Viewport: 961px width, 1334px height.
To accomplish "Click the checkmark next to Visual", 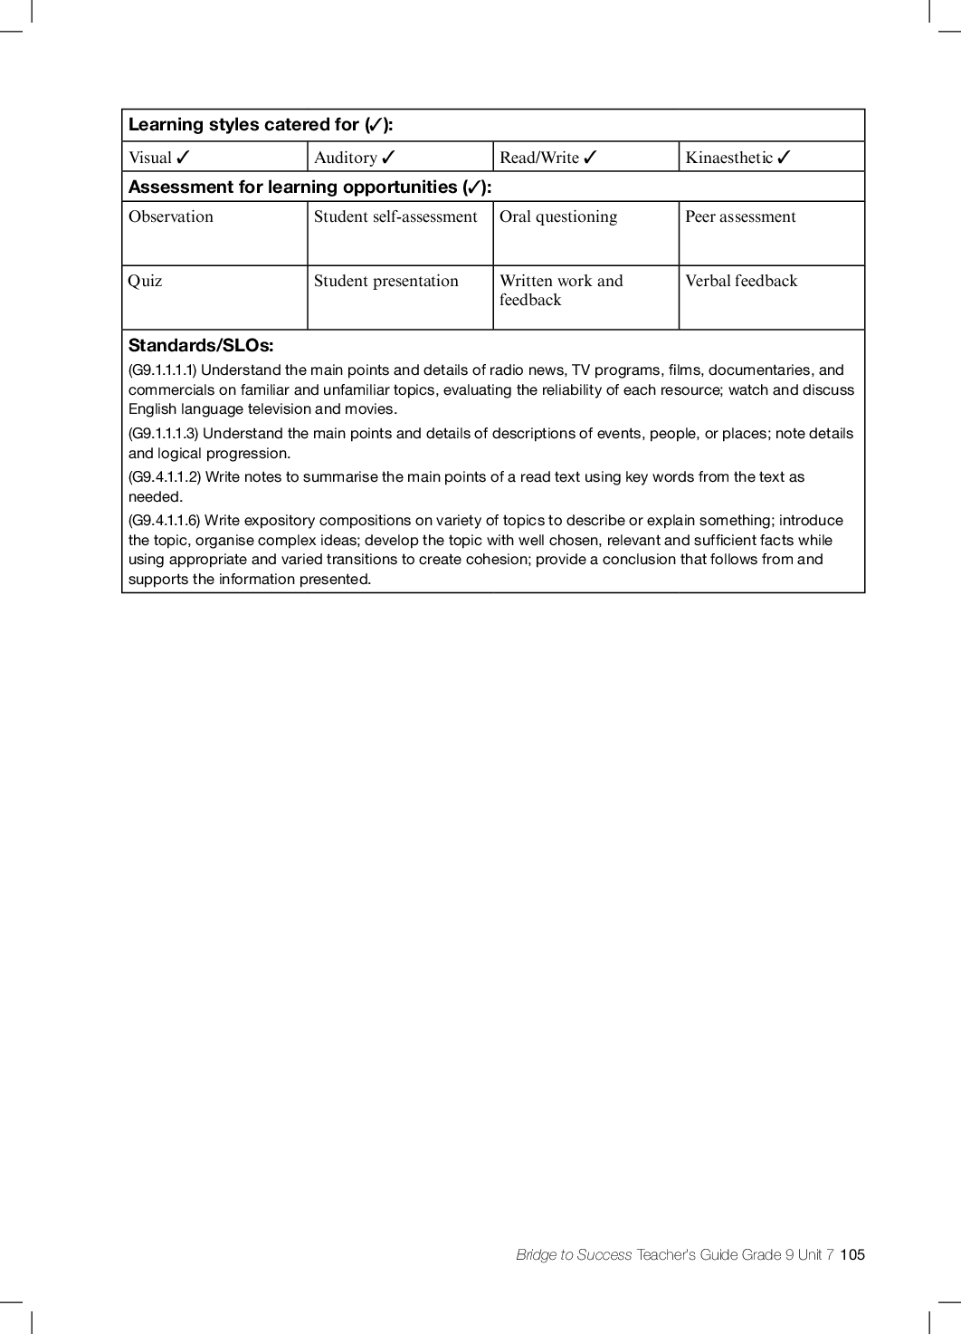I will [183, 158].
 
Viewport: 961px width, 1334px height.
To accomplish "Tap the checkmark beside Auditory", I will [388, 158].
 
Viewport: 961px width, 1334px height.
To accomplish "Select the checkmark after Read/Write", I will [590, 158].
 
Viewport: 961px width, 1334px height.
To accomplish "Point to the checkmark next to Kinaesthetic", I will [784, 158].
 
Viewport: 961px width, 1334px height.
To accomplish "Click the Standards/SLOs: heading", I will [201, 345].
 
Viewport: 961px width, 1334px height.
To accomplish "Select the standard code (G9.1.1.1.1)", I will [163, 370].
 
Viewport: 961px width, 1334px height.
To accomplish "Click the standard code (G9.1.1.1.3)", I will [164, 434].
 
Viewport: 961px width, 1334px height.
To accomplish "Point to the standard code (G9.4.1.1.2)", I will [165, 477].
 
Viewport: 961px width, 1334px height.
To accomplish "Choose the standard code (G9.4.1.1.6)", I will [165, 521].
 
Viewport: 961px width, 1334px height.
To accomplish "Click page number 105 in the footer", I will [852, 1254].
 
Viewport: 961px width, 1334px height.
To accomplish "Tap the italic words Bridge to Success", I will [574, 1254].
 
